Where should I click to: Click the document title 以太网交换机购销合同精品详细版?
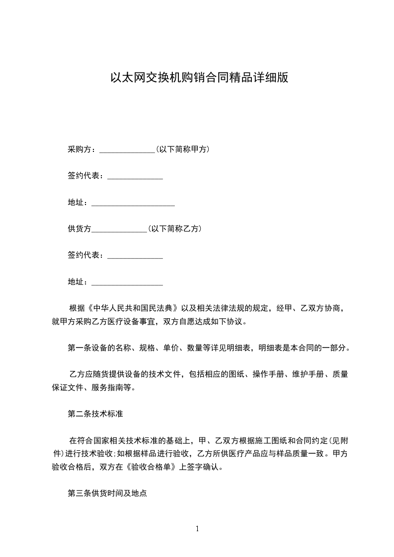pos(199,78)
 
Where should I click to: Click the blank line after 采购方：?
pos(128,150)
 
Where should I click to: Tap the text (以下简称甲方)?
pos(182,149)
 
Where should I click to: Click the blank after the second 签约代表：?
pos(135,257)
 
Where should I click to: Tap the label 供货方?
pos(79,229)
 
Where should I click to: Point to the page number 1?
pos(197,528)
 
